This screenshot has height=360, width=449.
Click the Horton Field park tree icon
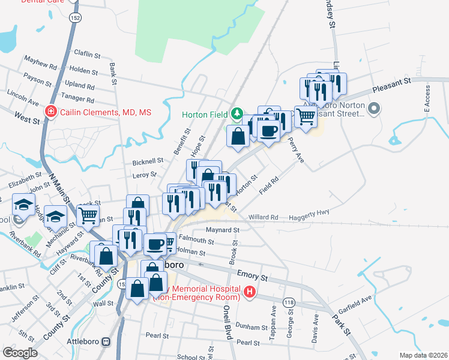pos(237,113)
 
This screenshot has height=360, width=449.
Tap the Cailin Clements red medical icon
pos(52,112)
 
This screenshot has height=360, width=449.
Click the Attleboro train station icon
pos(106,341)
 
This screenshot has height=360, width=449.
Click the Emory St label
pos(252,275)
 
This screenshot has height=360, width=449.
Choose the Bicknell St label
pos(148,161)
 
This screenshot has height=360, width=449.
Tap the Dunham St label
pos(253,328)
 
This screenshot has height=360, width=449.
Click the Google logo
pos(20,353)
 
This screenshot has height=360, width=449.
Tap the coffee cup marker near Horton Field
pos(268,130)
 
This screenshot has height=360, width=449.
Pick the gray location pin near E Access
pos(374,109)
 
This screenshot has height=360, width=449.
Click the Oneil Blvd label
pos(228,323)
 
